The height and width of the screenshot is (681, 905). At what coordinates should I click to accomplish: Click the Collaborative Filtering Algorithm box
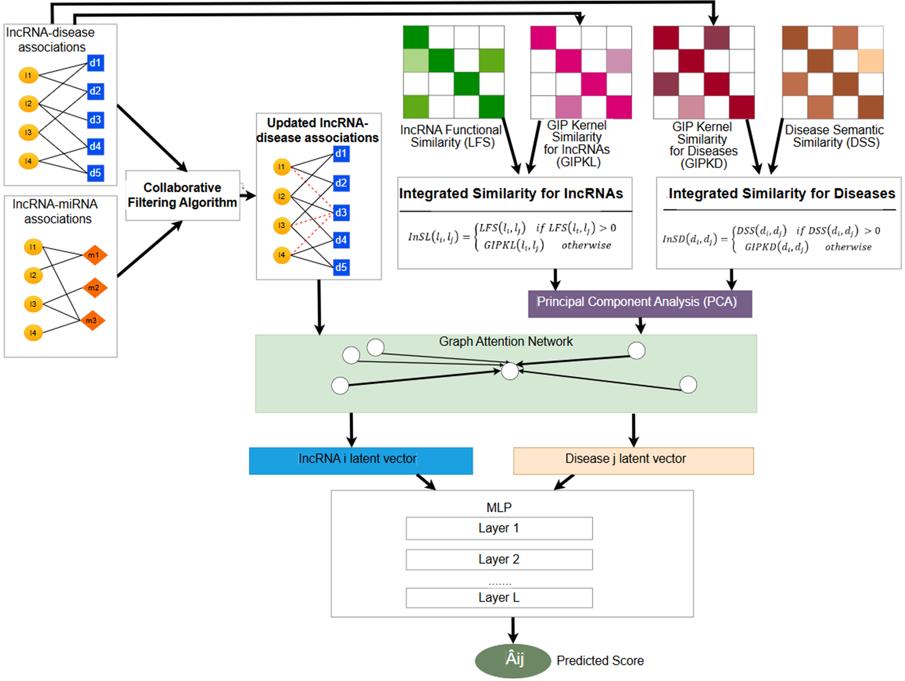[183, 195]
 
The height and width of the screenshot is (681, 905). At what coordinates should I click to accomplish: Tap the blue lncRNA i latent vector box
[361, 461]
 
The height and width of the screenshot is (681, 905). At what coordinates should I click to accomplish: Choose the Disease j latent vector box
[633, 461]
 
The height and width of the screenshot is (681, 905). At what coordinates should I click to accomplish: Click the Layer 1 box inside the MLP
[499, 528]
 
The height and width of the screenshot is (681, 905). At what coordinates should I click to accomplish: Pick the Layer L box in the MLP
[499, 598]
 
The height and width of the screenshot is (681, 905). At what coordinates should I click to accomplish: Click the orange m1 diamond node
[95, 255]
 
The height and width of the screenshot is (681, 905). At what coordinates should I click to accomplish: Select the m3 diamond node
[92, 320]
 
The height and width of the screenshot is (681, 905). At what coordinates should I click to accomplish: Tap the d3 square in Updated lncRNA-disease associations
[341, 213]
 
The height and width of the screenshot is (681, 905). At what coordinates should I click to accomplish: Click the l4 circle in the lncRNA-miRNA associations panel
[33, 333]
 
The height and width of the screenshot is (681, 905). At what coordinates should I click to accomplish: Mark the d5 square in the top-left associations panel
[96, 173]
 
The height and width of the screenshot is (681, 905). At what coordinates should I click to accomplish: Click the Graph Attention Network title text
[506, 341]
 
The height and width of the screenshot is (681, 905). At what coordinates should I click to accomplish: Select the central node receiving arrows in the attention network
[510, 371]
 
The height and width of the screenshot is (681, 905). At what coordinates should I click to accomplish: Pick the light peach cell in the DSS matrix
[871, 61]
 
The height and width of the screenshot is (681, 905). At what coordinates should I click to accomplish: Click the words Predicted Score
[600, 661]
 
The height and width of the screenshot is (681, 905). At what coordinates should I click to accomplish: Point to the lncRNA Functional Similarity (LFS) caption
[451, 136]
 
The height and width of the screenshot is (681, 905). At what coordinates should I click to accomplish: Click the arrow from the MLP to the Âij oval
[513, 630]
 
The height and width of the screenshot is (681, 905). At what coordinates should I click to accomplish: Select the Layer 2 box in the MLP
[499, 559]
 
